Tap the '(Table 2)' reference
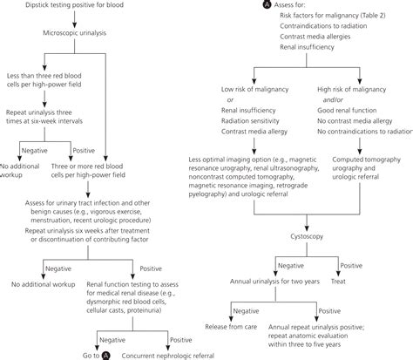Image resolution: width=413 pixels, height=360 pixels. click(365, 24)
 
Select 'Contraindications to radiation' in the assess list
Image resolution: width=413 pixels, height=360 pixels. click(313, 39)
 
